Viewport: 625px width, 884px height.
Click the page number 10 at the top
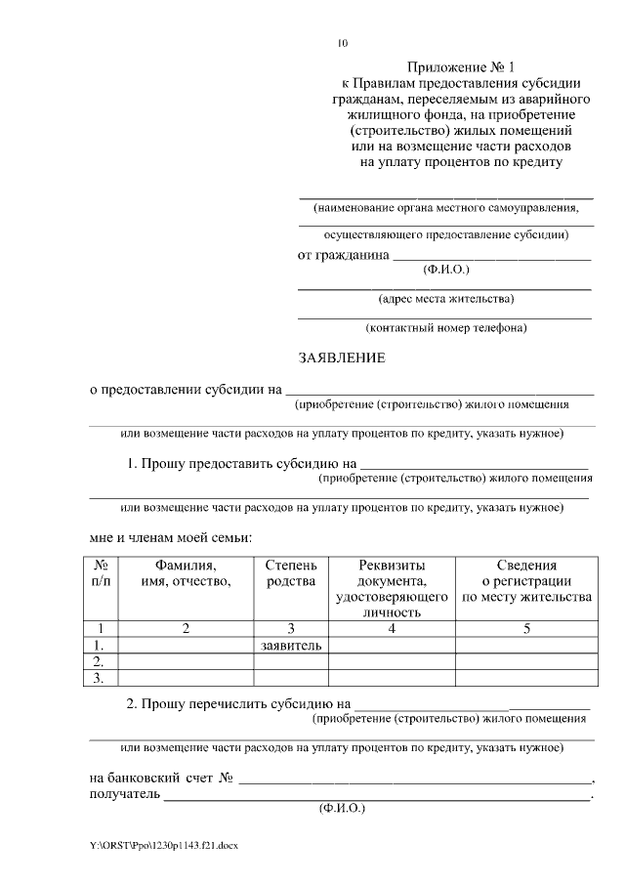(x=342, y=43)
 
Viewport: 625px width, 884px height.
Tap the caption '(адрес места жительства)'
(x=445, y=298)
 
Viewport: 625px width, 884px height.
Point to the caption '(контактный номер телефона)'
(x=445, y=328)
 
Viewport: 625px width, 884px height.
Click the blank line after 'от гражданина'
(x=492, y=257)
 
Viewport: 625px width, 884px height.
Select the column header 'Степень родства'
(x=290, y=573)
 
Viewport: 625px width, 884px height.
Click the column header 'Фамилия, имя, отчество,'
(x=186, y=573)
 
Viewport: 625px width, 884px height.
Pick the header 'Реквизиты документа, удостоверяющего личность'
(x=391, y=589)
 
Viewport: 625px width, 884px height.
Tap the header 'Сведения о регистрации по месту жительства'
(x=526, y=581)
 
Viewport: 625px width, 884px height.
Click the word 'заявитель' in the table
(x=290, y=645)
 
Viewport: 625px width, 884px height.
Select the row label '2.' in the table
(x=99, y=661)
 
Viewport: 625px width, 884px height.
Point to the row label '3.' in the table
(x=99, y=677)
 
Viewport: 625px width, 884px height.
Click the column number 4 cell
(x=391, y=628)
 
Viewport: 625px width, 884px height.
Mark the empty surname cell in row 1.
(x=186, y=645)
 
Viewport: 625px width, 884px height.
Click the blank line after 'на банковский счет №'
(x=415, y=780)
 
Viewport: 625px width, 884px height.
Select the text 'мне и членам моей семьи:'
(x=171, y=536)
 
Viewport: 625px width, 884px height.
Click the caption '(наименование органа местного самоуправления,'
(x=445, y=208)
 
